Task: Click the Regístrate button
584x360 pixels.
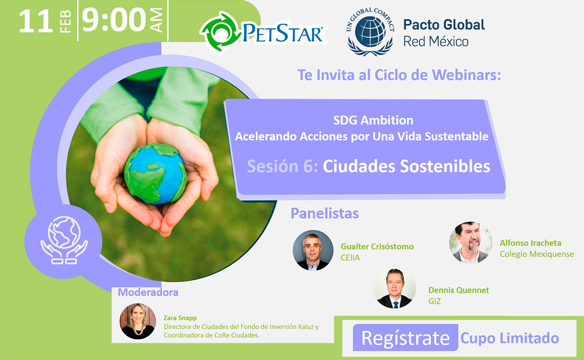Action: (405, 338)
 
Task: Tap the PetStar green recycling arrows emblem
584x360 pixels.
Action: (220, 33)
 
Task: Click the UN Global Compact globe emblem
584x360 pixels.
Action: (370, 32)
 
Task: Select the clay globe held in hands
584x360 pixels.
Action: (155, 174)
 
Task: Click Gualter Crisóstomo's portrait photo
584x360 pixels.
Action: (313, 250)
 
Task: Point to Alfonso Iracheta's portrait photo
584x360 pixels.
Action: (471, 242)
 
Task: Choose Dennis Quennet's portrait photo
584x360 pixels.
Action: (394, 288)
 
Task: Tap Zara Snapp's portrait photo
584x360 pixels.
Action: (138, 321)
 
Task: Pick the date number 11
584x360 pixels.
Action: (36, 21)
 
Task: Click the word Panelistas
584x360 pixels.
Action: (324, 213)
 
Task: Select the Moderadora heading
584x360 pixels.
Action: (148, 292)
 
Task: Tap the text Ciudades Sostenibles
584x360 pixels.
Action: (407, 166)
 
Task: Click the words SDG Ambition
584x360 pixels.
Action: (373, 120)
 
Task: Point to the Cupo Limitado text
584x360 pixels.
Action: (510, 338)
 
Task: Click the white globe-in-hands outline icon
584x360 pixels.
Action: (64, 240)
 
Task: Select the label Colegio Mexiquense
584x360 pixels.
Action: (537, 254)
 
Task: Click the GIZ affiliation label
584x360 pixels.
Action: (434, 301)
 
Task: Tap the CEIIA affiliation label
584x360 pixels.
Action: (350, 258)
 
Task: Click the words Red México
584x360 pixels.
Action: (436, 42)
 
